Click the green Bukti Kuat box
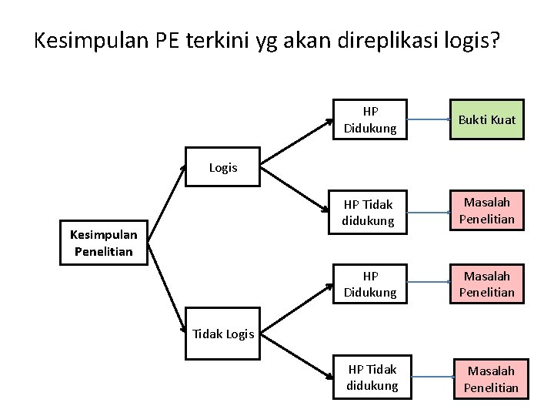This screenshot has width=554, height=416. [486, 120]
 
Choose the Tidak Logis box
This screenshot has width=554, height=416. [223, 333]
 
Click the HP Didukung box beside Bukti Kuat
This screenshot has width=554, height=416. [370, 120]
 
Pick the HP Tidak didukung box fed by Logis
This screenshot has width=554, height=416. [369, 212]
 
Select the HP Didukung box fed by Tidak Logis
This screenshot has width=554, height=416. [370, 283]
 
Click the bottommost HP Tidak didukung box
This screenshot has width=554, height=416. [372, 377]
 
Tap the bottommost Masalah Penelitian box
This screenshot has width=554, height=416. [491, 379]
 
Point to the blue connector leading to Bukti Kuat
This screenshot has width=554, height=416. [429, 120]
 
